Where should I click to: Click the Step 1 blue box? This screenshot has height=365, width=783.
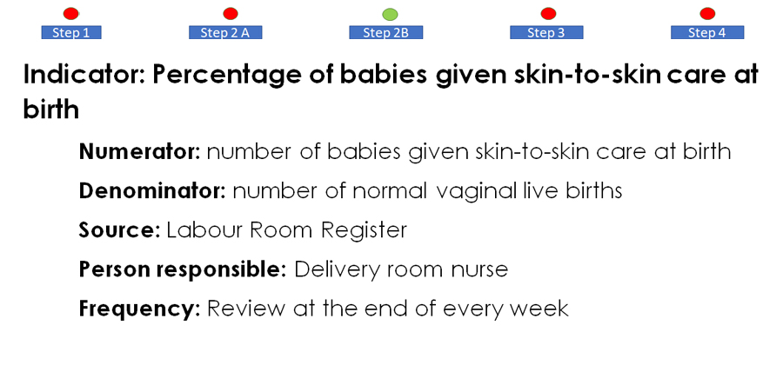click(x=71, y=32)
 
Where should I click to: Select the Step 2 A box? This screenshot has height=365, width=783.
click(x=225, y=32)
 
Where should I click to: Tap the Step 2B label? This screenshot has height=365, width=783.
click(x=386, y=32)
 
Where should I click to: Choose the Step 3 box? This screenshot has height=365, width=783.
click(x=546, y=32)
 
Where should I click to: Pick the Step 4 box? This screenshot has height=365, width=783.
click(x=707, y=32)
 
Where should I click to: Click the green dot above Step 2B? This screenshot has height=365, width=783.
click(x=390, y=15)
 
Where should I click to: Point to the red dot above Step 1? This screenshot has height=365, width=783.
click(x=71, y=13)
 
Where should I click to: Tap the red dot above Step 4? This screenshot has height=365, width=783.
click(x=707, y=13)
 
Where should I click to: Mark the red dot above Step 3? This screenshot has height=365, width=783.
click(x=548, y=13)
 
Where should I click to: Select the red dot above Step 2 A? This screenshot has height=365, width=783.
click(x=231, y=13)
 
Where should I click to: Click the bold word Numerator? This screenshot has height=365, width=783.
click(x=139, y=151)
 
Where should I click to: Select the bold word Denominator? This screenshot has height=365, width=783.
click(x=152, y=191)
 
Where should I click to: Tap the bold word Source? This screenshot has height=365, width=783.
click(x=119, y=230)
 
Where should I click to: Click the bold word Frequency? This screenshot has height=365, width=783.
click(x=139, y=309)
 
